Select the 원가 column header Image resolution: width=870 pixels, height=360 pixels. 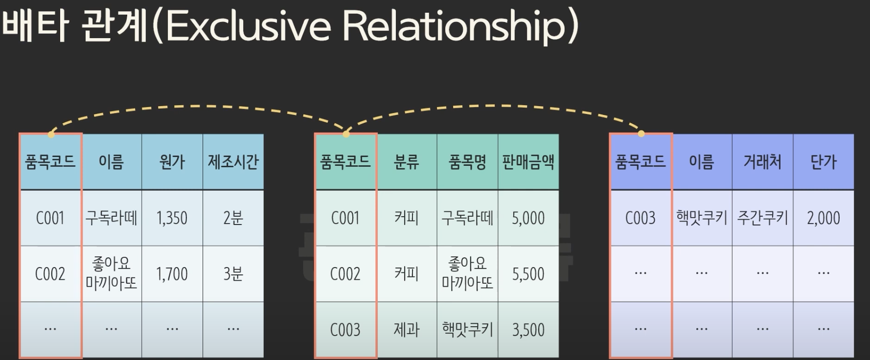click(x=172, y=162)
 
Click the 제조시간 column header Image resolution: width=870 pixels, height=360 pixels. click(x=233, y=162)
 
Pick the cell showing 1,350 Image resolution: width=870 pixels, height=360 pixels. click(x=172, y=218)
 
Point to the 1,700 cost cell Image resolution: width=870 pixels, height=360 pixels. click(x=172, y=274)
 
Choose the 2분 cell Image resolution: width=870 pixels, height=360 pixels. click(x=233, y=218)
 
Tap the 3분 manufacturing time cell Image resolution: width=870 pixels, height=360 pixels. click(x=233, y=274)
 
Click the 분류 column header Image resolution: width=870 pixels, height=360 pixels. click(x=407, y=162)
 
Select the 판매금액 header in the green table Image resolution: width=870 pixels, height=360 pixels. click(x=528, y=162)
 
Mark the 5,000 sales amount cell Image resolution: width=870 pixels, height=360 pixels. click(x=528, y=218)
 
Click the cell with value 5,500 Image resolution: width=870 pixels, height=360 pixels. click(x=528, y=274)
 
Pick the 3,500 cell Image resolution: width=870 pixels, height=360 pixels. click(x=528, y=330)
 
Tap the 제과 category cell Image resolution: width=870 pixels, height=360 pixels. click(x=407, y=330)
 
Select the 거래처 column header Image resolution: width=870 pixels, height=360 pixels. click(x=762, y=162)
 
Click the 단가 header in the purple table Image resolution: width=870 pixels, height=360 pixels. click(x=824, y=162)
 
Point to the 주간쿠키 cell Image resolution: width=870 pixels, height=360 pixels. click(x=762, y=218)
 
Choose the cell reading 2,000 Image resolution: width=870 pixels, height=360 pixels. click(x=824, y=218)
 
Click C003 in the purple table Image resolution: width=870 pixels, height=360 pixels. click(x=641, y=218)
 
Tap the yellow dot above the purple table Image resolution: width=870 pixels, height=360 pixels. click(x=641, y=134)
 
